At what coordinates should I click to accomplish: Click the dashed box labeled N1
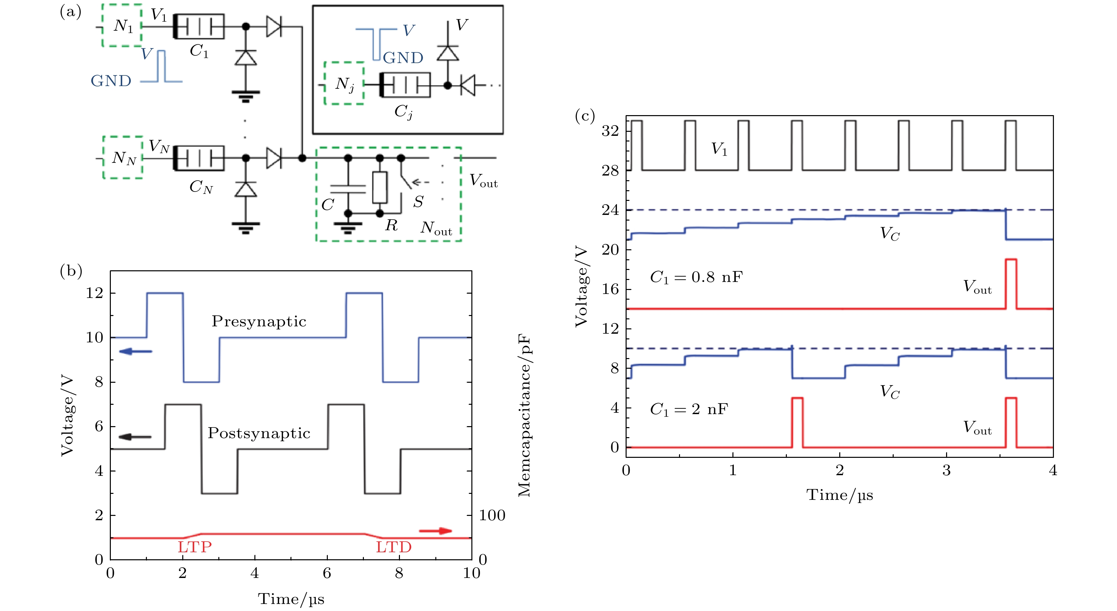pos(122,25)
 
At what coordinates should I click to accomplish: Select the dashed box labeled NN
pos(123,157)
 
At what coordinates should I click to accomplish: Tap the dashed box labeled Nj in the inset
pos(344,83)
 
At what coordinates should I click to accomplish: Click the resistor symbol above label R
pos(380,187)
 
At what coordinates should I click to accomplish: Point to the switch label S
pos(418,202)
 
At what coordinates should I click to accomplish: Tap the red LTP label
pos(195,547)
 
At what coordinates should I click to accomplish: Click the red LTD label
pos(394,547)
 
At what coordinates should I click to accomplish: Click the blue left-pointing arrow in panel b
pos(135,351)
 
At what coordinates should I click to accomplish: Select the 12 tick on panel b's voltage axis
pos(94,293)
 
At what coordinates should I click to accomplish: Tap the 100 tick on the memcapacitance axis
pos(492,516)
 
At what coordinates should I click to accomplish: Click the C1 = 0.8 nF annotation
pos(696,277)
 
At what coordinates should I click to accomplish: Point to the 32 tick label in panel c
pos(610,130)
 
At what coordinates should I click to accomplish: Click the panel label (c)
pos(585,116)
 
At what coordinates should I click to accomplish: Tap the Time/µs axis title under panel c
pos(840,495)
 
